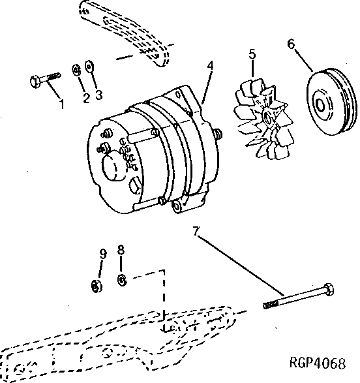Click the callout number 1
coord(62,103)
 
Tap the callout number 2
coord(85,98)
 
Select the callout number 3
coord(98,95)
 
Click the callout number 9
coord(102,255)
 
